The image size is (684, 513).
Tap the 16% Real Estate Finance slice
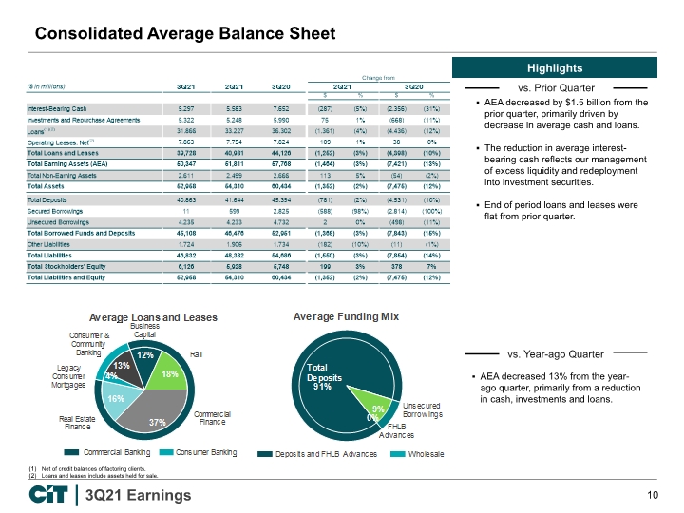pos(115,404)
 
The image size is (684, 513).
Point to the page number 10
pos(652,495)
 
